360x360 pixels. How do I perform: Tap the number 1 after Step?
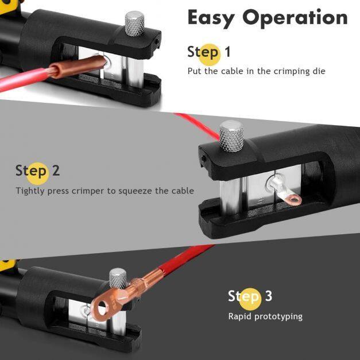[227, 52]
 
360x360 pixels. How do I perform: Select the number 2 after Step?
[56, 171]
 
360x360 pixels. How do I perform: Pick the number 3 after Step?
[269, 296]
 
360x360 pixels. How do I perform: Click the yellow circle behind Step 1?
[210, 55]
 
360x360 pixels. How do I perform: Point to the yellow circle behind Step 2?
[37, 173]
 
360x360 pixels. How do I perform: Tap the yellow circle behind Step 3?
[250, 299]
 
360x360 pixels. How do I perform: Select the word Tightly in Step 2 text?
[30, 191]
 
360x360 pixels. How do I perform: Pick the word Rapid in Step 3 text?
[240, 316]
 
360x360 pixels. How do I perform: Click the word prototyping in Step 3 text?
[278, 317]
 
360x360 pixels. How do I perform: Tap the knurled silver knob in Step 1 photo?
[134, 24]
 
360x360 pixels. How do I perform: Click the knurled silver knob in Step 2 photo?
[231, 136]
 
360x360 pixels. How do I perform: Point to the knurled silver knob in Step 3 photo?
[118, 278]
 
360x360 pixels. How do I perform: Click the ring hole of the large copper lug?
[102, 308]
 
